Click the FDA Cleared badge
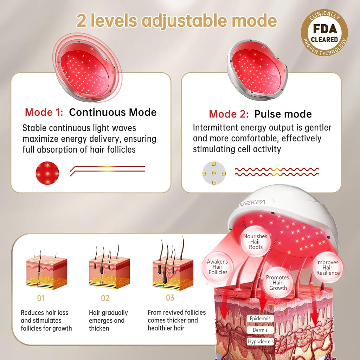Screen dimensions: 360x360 coord(324,33)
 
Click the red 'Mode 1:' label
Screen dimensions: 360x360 coord(44,112)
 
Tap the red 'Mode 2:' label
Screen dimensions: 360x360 coord(229,114)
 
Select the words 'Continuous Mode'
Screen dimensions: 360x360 coord(113,112)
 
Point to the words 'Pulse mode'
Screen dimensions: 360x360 coord(283,114)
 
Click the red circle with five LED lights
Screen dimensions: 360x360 coord(47,173)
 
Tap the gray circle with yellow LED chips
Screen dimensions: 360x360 coord(214,173)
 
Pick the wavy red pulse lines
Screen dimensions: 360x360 coord(277,172)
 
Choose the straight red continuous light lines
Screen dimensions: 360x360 coord(108,171)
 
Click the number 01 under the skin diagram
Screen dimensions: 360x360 coord(41,298)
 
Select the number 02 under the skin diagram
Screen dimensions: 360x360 coord(105,298)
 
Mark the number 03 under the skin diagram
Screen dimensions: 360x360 coord(170,298)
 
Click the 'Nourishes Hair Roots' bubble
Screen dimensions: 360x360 coord(255,242)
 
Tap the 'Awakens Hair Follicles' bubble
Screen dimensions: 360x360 coord(217,267)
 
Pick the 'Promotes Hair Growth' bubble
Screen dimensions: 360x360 coord(278,283)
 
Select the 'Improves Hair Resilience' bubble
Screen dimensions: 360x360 coord(328,268)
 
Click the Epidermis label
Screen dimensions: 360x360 coord(260,319)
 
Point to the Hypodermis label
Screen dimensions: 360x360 coord(261,342)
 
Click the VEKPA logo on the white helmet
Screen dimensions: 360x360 coord(251,203)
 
